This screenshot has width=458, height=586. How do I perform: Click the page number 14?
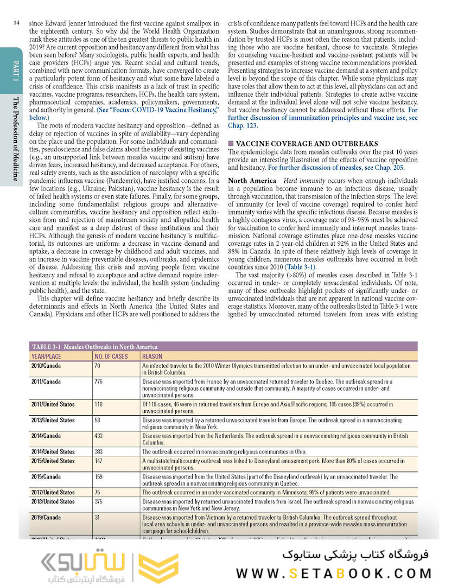click(17, 23)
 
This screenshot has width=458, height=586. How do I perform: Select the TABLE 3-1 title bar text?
click(95, 347)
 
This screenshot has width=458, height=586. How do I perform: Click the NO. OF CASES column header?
click(111, 356)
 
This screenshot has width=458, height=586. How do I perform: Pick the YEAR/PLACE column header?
click(46, 356)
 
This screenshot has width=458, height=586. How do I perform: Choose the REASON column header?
click(152, 356)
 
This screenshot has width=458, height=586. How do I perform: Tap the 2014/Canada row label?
click(46, 435)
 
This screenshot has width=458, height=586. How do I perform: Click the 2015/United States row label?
click(53, 461)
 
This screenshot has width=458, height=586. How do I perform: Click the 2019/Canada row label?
click(46, 517)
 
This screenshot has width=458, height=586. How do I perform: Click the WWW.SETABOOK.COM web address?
click(334, 574)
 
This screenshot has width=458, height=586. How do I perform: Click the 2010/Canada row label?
click(46, 366)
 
